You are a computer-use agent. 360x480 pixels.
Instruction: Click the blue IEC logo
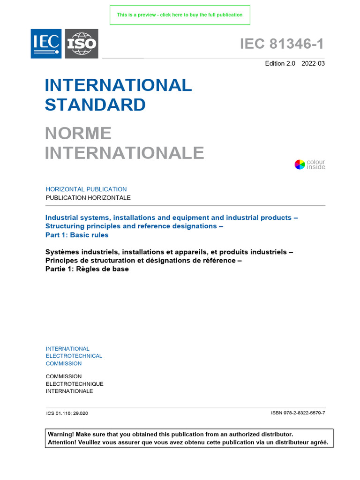(x=46, y=44)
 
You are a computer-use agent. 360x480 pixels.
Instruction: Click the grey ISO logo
(x=81, y=44)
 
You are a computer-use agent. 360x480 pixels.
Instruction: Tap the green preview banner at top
(x=180, y=15)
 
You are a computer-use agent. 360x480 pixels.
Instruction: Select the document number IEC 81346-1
(x=282, y=44)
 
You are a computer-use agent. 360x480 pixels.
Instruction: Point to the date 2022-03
(x=313, y=64)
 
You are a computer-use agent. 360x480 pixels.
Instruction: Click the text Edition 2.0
(x=280, y=64)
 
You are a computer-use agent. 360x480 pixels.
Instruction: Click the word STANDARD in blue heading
(x=95, y=105)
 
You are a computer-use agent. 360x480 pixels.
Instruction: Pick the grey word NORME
(x=78, y=133)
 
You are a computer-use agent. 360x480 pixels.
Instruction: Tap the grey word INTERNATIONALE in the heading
(x=124, y=153)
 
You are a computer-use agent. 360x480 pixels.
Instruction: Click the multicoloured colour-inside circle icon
(x=300, y=165)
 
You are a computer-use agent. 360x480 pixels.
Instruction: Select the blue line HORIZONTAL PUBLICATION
(x=86, y=189)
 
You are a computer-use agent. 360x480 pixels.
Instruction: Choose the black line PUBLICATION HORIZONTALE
(x=88, y=198)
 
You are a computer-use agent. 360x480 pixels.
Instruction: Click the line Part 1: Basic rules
(x=77, y=235)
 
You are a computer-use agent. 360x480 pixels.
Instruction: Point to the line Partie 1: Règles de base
(x=87, y=269)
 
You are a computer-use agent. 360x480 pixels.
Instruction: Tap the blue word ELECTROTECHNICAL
(x=74, y=356)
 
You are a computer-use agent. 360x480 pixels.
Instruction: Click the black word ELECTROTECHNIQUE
(x=75, y=384)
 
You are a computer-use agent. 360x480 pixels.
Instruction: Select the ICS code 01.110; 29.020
(x=67, y=413)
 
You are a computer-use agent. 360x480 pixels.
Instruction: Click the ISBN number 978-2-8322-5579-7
(x=298, y=413)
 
